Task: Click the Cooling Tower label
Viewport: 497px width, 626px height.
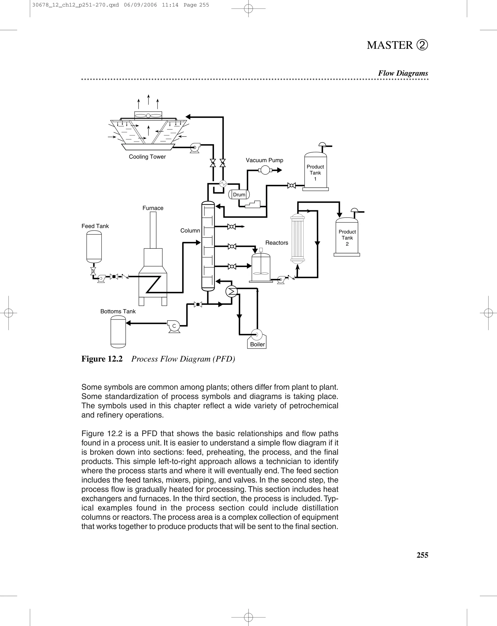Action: (147, 157)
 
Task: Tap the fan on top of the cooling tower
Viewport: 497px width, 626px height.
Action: (148, 116)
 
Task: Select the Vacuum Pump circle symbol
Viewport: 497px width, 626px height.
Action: (265, 170)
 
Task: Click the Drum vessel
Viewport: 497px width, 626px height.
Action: (239, 195)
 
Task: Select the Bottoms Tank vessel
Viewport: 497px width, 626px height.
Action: (118, 332)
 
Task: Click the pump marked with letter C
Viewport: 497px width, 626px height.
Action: (174, 326)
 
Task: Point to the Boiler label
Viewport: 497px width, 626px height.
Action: (257, 344)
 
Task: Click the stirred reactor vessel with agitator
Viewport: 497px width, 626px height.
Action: (261, 267)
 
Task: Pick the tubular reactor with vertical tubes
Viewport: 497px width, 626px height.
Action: (297, 238)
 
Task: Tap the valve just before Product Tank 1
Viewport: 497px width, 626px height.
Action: (291, 185)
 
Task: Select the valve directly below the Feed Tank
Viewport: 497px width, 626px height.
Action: (93, 271)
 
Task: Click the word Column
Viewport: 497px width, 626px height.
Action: (190, 230)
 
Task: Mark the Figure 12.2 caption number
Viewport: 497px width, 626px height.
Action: (102, 359)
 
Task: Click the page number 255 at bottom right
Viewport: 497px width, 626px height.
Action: (422, 555)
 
